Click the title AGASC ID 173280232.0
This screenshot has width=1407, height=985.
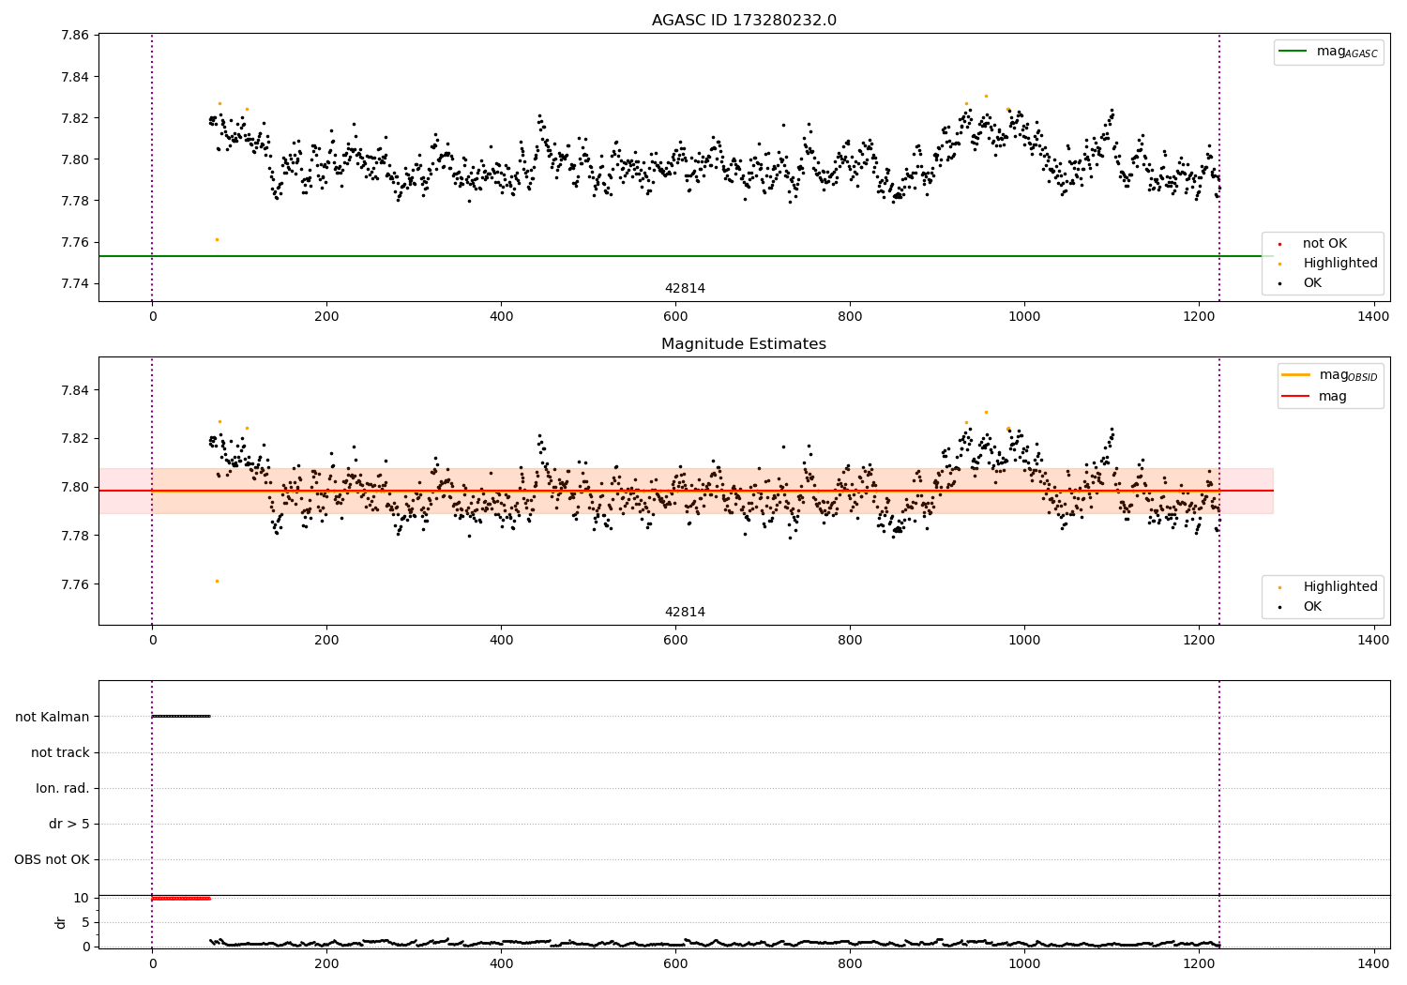coord(744,21)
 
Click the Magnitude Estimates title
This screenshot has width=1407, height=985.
coord(744,344)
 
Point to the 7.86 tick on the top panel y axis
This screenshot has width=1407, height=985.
coord(75,36)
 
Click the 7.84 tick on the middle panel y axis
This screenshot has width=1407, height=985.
coord(75,390)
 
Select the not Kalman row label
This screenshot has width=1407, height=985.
coord(53,717)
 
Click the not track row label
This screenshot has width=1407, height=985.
coord(60,752)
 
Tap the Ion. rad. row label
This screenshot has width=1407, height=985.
coord(63,788)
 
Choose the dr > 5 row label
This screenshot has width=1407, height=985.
coord(69,824)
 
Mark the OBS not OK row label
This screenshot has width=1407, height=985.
coord(53,859)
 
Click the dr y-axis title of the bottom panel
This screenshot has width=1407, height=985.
coord(61,922)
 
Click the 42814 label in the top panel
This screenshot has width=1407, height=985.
coord(685,289)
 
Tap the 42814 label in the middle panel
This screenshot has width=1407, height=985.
coord(685,613)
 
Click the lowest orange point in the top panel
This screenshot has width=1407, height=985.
coord(217,239)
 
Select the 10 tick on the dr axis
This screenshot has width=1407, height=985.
coord(82,898)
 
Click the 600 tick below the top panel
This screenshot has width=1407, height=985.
coord(675,316)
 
